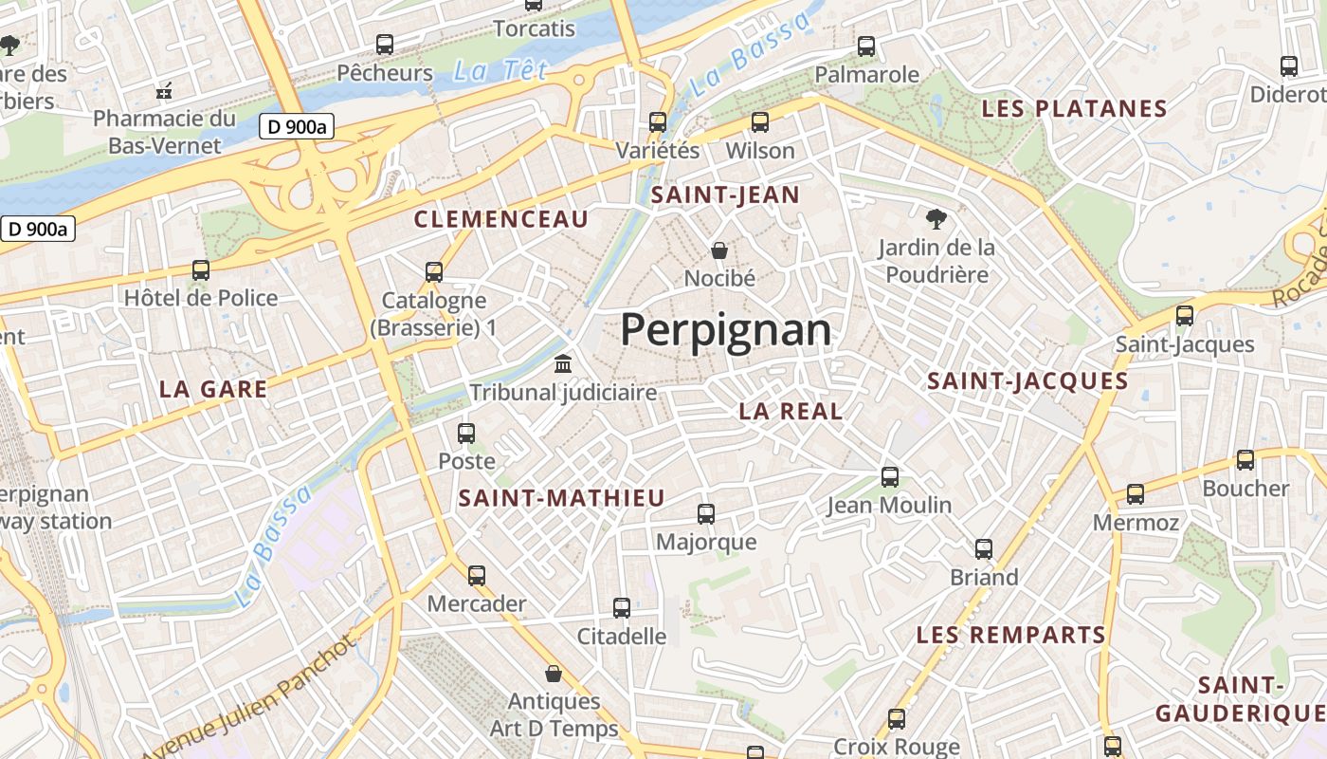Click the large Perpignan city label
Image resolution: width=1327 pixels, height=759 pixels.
tap(726, 330)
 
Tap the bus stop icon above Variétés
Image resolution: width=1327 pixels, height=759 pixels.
tap(658, 121)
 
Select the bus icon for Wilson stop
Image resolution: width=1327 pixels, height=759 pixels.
tap(760, 121)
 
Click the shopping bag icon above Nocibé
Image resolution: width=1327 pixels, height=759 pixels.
tap(719, 250)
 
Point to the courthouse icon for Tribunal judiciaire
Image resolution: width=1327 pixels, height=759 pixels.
tap(563, 364)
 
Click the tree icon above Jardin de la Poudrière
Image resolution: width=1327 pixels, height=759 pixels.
tap(936, 219)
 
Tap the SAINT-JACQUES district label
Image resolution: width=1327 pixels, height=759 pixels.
tap(1027, 381)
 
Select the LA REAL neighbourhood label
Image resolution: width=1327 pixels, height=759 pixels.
tap(791, 411)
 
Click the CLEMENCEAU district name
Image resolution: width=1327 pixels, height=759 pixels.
tap(501, 219)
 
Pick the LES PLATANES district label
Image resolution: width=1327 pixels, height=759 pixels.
tap(1074, 108)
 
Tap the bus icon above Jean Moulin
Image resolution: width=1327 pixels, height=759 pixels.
tap(889, 476)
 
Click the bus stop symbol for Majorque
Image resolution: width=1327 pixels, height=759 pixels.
tap(706, 514)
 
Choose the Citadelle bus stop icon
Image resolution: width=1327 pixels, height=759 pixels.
tap(622, 608)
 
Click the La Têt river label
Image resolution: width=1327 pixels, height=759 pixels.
tap(500, 70)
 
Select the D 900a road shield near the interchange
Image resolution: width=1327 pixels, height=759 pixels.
tap(297, 126)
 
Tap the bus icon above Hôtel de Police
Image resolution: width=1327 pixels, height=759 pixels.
tap(201, 269)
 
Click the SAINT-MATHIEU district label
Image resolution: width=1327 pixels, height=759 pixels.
tap(561, 498)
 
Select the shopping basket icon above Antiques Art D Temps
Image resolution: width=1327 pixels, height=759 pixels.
tap(554, 674)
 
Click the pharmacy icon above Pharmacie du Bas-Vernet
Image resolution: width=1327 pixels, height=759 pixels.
tap(164, 91)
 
